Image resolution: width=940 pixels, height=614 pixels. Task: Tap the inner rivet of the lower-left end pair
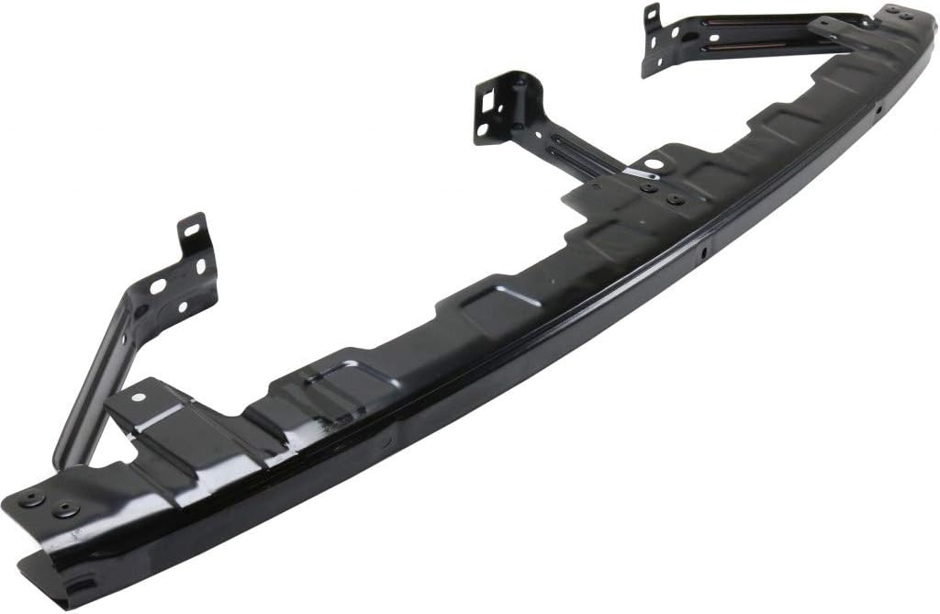tap(63, 510)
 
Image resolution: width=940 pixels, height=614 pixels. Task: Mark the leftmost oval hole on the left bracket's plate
tap(157, 285)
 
